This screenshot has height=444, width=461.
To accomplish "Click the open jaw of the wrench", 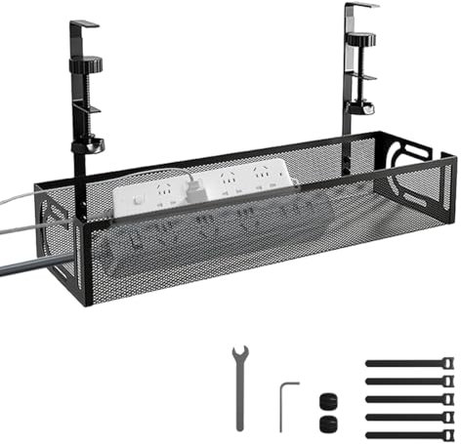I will [237, 352].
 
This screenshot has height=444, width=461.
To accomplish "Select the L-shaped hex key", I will [283, 405].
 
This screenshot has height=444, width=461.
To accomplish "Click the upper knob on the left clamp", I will [85, 64].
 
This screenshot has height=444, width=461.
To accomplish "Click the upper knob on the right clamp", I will [363, 42].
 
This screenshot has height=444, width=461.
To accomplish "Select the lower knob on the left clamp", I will [91, 145].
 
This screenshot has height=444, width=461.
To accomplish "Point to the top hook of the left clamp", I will [84, 23].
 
